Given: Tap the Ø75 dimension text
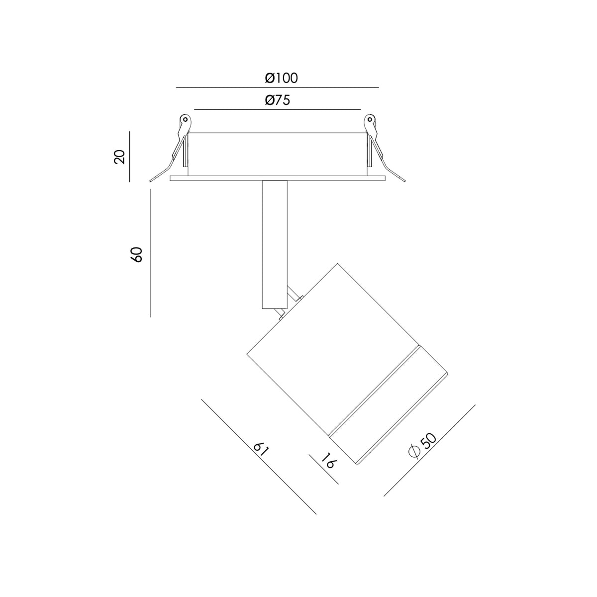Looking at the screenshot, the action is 278,100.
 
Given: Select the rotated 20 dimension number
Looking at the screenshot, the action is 119,156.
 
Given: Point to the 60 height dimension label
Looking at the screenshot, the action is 137,255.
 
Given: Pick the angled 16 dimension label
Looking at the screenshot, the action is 328,469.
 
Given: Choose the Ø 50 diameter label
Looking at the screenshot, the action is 422,445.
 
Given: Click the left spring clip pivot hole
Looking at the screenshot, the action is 185,119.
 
